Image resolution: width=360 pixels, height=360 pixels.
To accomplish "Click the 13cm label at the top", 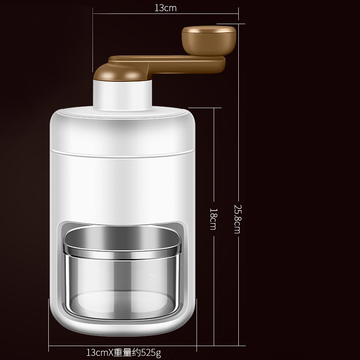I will [165, 8].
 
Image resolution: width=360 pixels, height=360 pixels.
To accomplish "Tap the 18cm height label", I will [213, 218].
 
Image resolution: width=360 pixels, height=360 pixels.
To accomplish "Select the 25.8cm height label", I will [237, 218].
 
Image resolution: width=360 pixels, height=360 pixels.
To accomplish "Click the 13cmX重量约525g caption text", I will [124, 353].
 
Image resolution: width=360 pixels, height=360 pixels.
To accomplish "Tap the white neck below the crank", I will [123, 95].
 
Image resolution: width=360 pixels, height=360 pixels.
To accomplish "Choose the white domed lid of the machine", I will [123, 125].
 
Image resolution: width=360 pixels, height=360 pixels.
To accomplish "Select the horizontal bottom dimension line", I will [70, 346].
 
